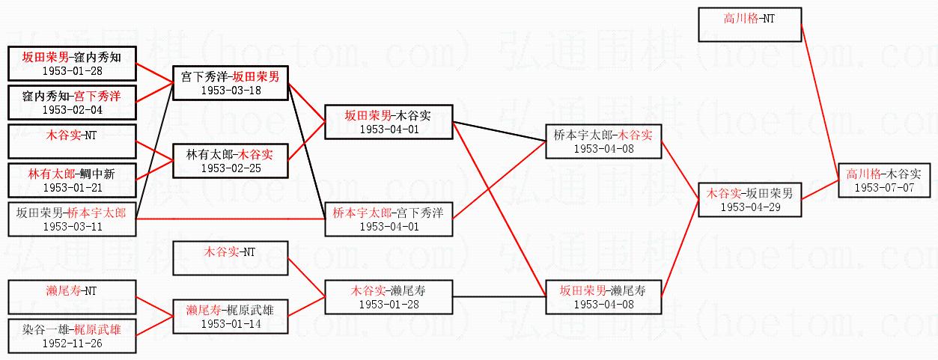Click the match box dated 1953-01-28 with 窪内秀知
pyautogui.click(x=72, y=63)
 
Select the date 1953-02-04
pyautogui.click(x=72, y=109)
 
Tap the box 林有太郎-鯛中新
pyautogui.click(x=72, y=180)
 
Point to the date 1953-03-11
pyautogui.click(x=72, y=226)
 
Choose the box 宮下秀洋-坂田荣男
pyautogui.click(x=231, y=83)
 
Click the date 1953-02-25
pyautogui.click(x=231, y=168)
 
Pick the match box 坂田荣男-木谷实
pyautogui.click(x=388, y=122)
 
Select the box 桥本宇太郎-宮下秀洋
pyautogui.click(x=388, y=219)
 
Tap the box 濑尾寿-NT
pyautogui.click(x=72, y=296)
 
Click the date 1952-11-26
pyautogui.click(x=72, y=344)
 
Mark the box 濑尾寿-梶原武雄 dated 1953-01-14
pyautogui.click(x=231, y=317)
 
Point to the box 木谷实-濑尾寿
pyautogui.click(x=388, y=296)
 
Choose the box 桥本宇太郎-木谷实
pyautogui.click(x=603, y=141)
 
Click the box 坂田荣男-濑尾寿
pyautogui.click(x=603, y=296)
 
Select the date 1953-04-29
pyautogui.click(x=751, y=207)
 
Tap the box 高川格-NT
pyautogui.click(x=749, y=24)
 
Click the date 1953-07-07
pyautogui.click(x=884, y=187)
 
